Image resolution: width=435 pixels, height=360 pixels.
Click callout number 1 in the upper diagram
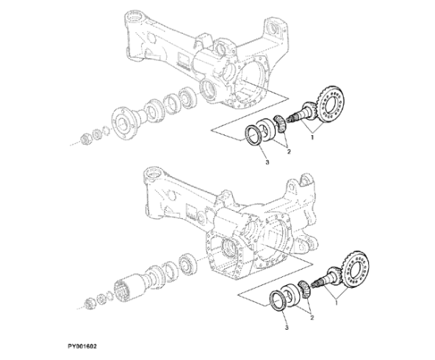(312, 137)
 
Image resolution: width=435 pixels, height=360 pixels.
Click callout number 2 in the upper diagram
(289, 151)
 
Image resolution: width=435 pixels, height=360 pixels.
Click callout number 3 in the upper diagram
(267, 162)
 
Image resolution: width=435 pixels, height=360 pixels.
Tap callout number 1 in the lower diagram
(337, 303)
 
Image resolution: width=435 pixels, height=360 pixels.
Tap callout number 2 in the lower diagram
(312, 317)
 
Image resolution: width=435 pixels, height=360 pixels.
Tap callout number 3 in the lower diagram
(287, 328)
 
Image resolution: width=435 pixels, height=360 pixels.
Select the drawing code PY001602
(82, 347)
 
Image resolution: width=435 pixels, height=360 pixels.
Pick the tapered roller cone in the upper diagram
(280, 124)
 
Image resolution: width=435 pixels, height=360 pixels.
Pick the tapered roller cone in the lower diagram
(305, 290)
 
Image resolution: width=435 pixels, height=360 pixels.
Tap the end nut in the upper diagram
(85, 138)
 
